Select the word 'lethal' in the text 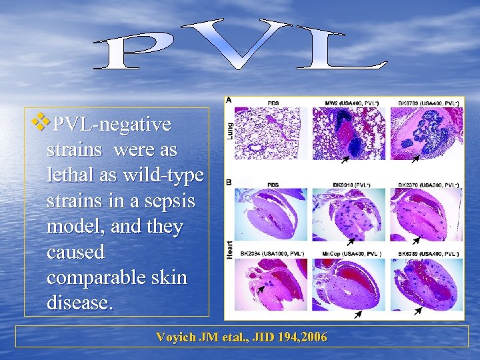[x=71, y=175]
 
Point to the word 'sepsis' [x=170, y=201]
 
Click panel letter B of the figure [x=229, y=181]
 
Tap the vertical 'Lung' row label [x=230, y=129]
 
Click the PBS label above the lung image [x=273, y=103]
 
